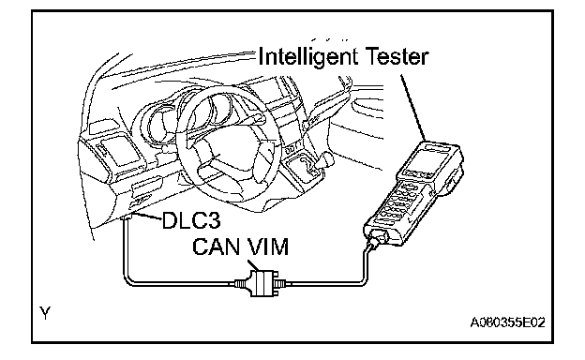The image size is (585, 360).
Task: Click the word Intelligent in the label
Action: click(x=307, y=57)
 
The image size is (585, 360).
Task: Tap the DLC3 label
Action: click(x=191, y=220)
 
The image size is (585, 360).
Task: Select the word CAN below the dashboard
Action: click(x=216, y=247)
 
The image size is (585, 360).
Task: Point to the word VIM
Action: click(x=265, y=247)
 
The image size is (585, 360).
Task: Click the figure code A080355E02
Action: click(x=507, y=322)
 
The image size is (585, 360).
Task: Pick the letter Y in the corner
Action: click(x=45, y=312)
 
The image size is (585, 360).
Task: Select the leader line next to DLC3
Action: click(x=148, y=217)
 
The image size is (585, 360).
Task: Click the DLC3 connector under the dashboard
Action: click(x=128, y=217)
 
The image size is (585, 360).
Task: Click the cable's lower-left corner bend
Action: click(x=127, y=281)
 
